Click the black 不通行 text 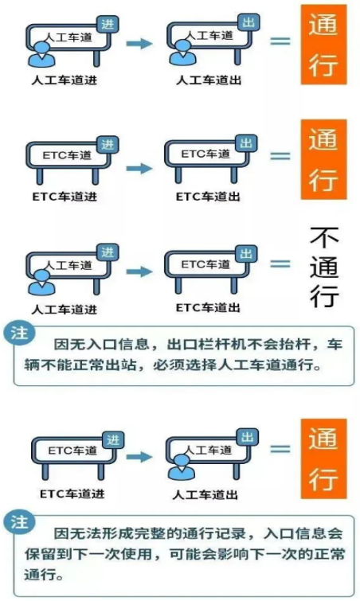tap(324, 267)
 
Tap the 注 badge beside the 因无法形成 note tap(20, 522)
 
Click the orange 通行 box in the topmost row tap(323, 45)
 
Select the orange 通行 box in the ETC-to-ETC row tap(323, 159)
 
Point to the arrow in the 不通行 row tap(139, 271)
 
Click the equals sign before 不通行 tap(280, 263)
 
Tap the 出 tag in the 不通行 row tap(246, 254)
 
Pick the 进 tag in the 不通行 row tap(108, 252)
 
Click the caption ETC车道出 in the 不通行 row tap(208, 307)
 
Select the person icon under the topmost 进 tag tap(41, 54)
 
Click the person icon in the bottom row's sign tap(182, 466)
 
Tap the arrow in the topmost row tap(139, 43)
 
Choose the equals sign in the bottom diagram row tap(280, 449)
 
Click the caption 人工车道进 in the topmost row tap(64, 80)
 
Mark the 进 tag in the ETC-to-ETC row tap(108, 145)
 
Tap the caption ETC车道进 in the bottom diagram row tap(72, 494)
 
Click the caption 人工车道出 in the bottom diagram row tap(205, 494)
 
